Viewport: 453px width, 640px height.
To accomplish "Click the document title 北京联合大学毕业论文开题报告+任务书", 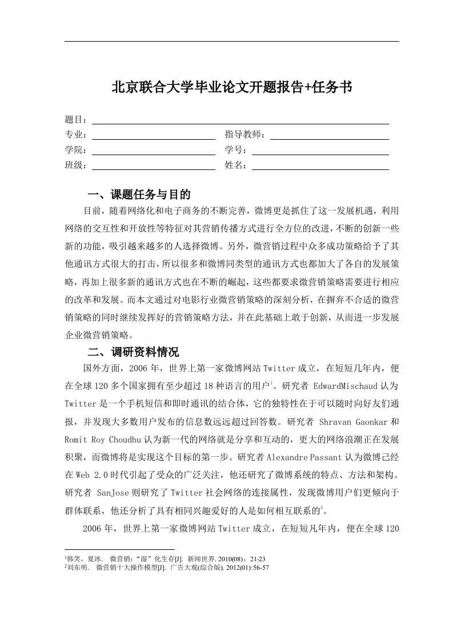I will (231, 87).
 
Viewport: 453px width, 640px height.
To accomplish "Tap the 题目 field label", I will (75, 120).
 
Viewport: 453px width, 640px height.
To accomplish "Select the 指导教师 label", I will (245, 135).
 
